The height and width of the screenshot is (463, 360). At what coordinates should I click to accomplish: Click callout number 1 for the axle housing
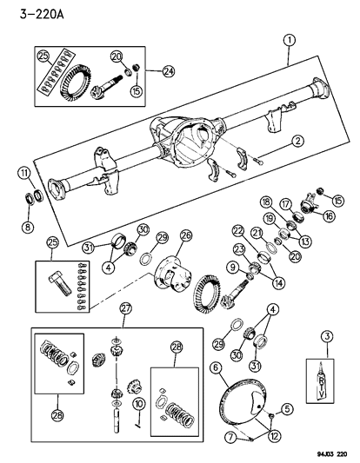[x=288, y=39]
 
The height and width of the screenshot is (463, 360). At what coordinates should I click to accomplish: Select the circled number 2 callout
[x=297, y=140]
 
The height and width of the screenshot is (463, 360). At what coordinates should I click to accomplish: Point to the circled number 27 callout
[x=126, y=308]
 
